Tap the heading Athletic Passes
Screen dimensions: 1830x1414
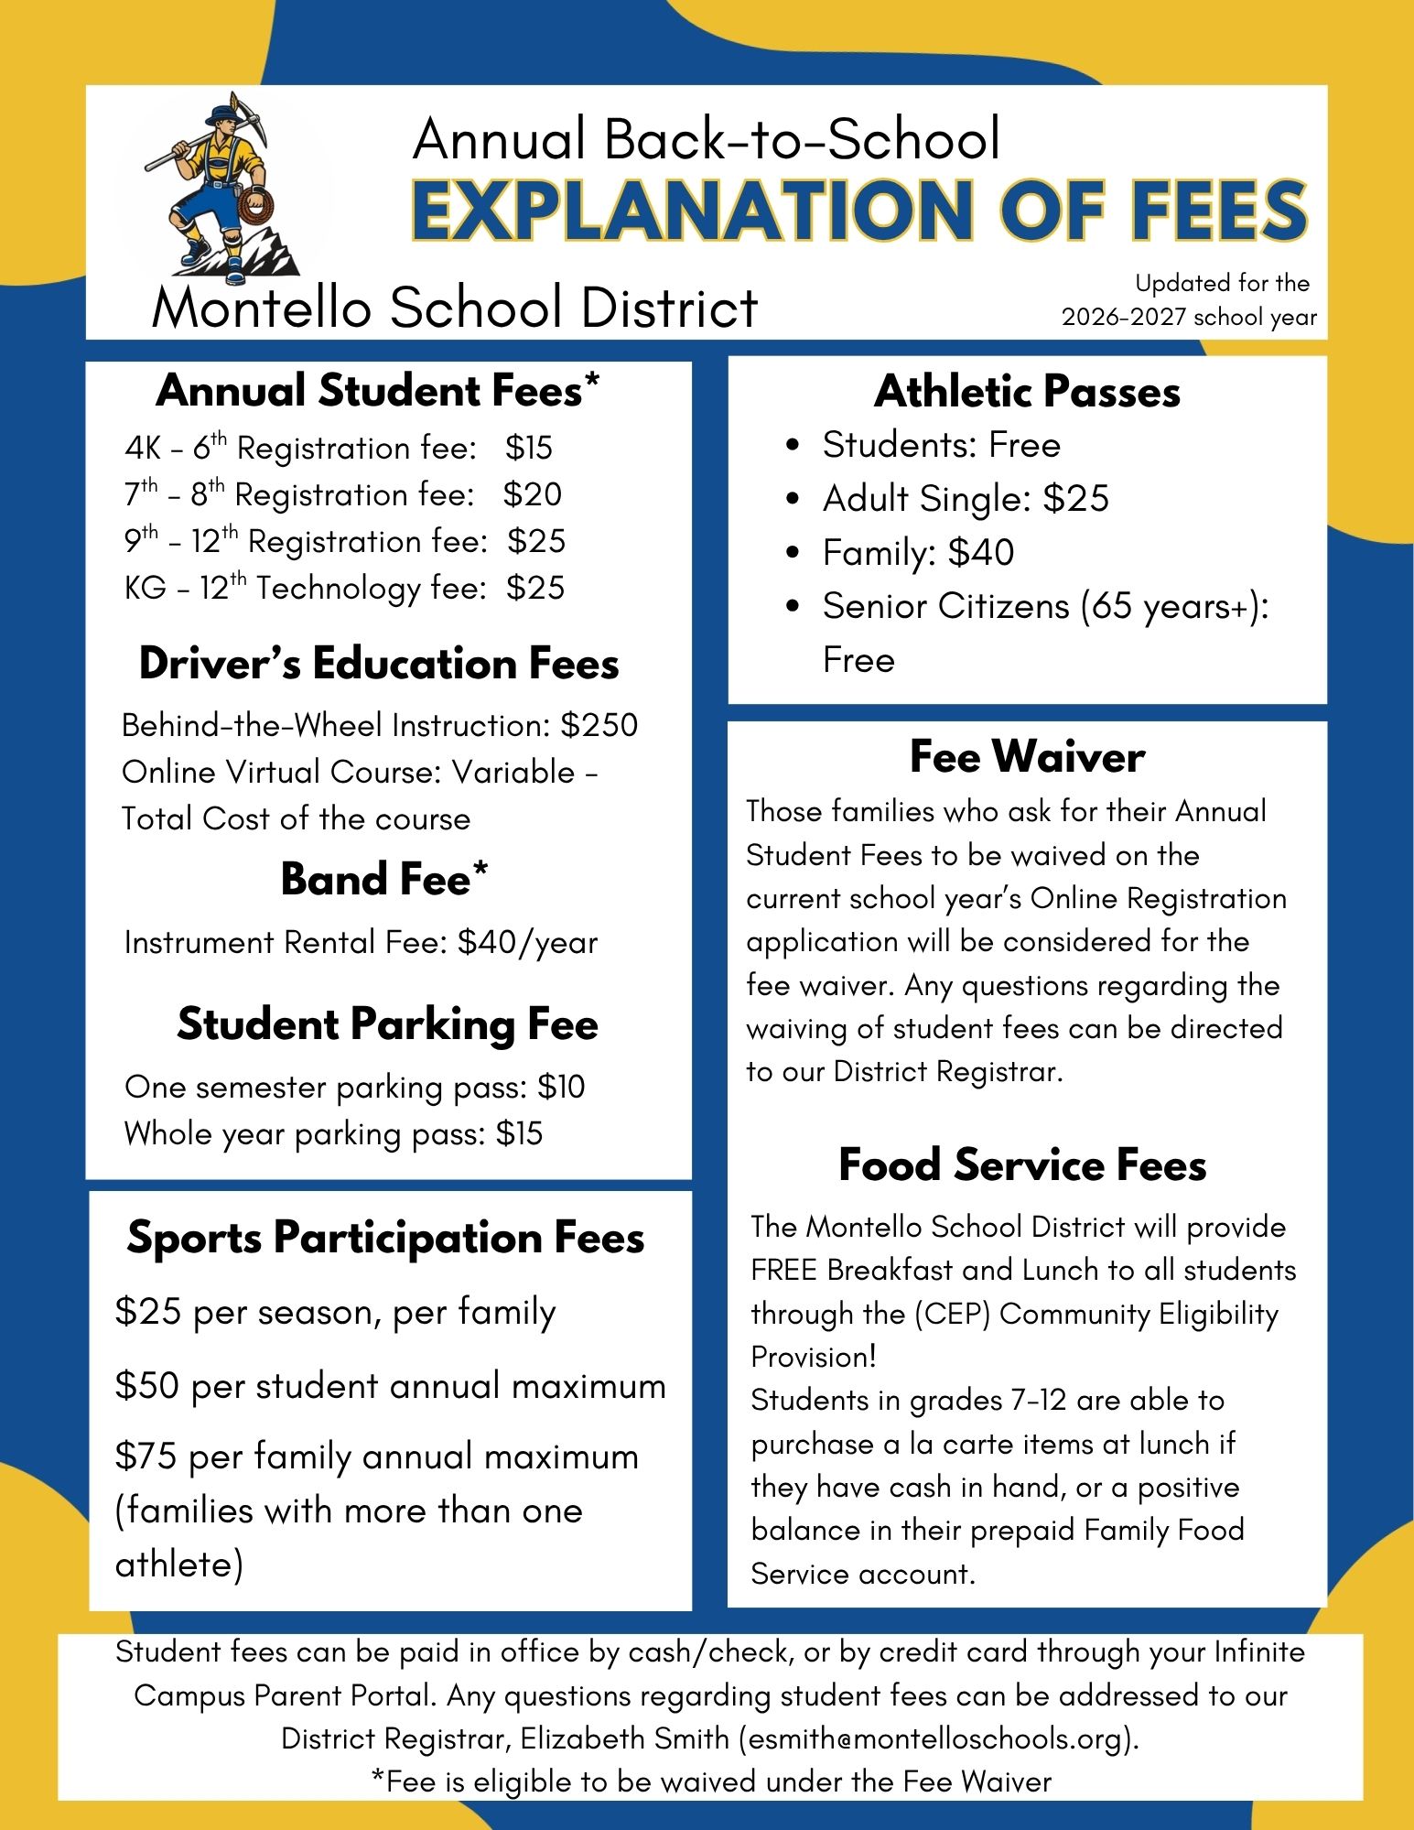1027,392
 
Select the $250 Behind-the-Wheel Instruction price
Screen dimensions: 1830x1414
599,725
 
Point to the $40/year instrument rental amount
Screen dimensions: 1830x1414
527,942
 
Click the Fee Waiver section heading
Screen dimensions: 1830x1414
1027,757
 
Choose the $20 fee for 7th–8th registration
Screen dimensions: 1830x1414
533,494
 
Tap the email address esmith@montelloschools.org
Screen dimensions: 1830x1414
939,1738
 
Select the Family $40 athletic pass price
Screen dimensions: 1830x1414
981,553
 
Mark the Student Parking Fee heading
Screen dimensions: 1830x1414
387,1023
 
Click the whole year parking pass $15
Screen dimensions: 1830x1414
519,1133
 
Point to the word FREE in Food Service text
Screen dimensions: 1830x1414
784,1271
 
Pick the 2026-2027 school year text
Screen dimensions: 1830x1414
1189,318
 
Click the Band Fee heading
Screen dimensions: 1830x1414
384,879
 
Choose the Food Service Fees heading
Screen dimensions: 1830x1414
1022,1165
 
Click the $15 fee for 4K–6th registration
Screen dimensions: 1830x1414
529,448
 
